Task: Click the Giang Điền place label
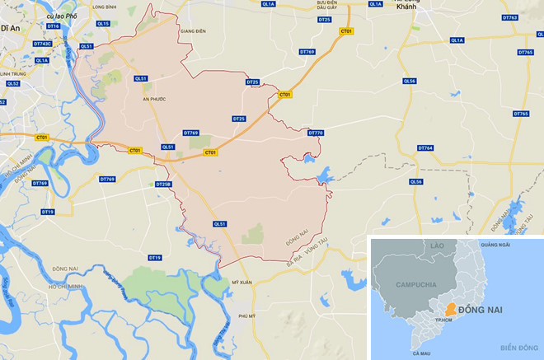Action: (x=191, y=32)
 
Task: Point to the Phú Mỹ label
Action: (x=247, y=316)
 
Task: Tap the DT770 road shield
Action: (x=316, y=133)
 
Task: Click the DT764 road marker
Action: (x=425, y=148)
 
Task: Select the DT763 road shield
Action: (x=509, y=17)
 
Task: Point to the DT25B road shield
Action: (x=162, y=184)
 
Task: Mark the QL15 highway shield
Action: (x=103, y=24)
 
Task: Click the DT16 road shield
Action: (x=54, y=26)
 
